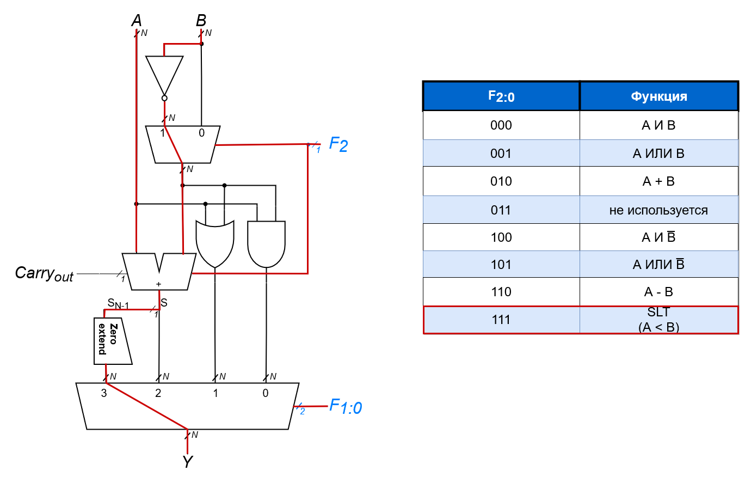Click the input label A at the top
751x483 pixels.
(x=136, y=21)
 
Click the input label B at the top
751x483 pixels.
(x=201, y=21)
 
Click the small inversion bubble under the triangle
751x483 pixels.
(x=164, y=98)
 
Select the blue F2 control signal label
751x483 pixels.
(x=338, y=145)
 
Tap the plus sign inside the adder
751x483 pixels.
(x=158, y=284)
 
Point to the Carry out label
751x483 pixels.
(x=44, y=273)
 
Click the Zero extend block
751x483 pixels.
(x=112, y=341)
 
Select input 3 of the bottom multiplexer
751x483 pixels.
(x=104, y=393)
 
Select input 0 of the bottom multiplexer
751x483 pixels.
(x=266, y=393)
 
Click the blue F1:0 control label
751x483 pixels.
(x=346, y=407)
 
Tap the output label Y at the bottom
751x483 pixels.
(x=187, y=462)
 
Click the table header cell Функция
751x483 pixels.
(x=658, y=96)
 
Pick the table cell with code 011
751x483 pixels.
(x=501, y=210)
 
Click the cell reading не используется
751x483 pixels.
(x=658, y=210)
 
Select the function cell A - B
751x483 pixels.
(x=658, y=292)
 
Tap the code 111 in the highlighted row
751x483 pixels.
(x=501, y=320)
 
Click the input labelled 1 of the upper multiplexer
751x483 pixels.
(x=162, y=133)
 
